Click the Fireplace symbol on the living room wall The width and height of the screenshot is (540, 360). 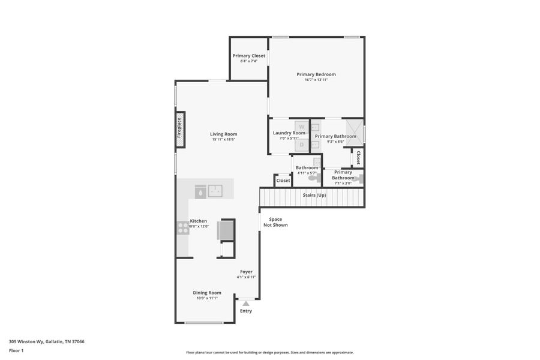point(179,128)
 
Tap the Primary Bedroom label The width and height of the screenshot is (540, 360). point(316,74)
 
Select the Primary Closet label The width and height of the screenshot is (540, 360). point(249,56)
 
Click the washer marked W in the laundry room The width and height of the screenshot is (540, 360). point(302,127)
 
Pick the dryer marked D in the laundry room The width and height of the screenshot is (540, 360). point(302,144)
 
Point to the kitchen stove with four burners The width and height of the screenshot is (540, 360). point(183,228)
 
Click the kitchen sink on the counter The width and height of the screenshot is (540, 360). point(215,191)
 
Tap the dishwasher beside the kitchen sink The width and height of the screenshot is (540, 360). point(200,191)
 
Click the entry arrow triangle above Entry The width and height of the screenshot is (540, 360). point(246,304)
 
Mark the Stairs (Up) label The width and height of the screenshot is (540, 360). point(314,195)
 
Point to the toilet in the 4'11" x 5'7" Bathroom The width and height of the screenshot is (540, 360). point(313,178)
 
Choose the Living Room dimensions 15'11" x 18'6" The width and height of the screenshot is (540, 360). point(223,139)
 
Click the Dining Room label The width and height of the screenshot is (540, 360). point(207,293)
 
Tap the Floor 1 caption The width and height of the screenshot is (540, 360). point(16,350)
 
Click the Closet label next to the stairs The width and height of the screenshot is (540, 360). point(283,181)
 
